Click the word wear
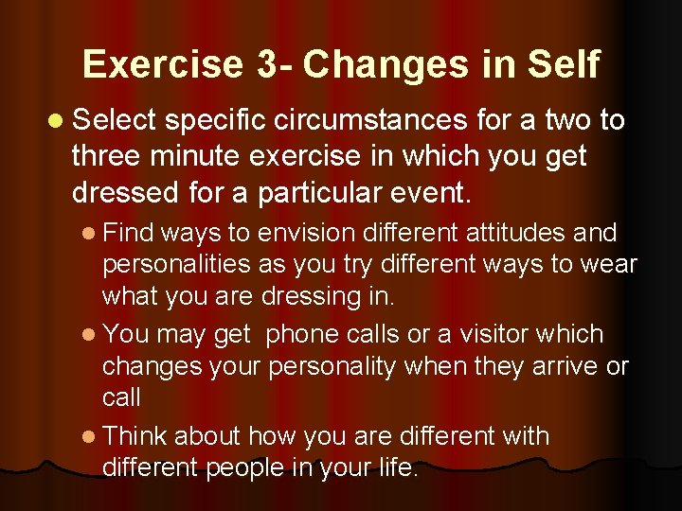(x=608, y=265)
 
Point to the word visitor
(x=511, y=334)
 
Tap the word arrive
(x=552, y=366)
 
